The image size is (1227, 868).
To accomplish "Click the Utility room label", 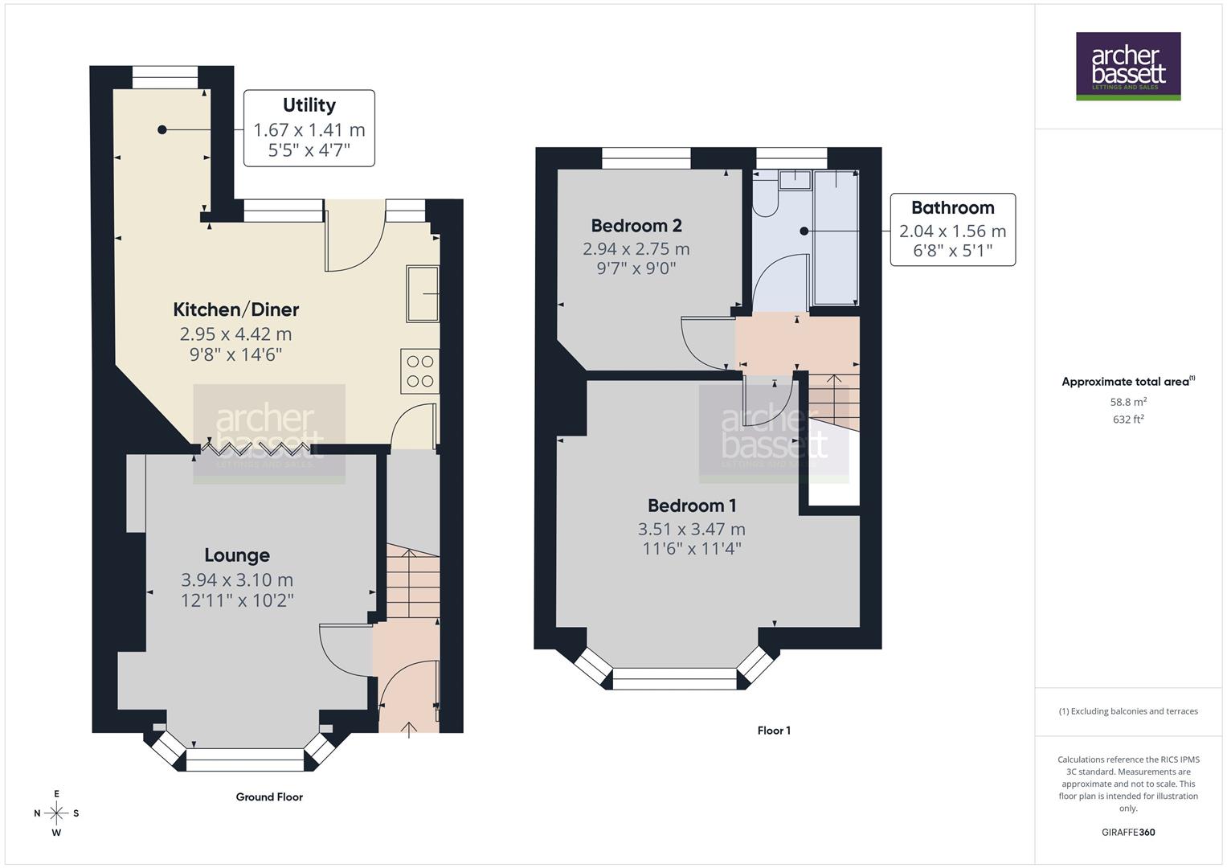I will [x=309, y=105].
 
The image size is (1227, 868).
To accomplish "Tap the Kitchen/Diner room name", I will [x=236, y=309].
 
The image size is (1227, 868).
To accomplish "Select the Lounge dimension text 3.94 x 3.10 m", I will [x=237, y=579].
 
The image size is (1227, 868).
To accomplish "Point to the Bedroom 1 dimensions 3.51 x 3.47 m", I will [x=691, y=529].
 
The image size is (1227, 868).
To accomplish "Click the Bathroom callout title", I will [x=952, y=207].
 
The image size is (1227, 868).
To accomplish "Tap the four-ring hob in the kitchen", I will [x=419, y=371].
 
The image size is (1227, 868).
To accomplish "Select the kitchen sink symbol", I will [x=423, y=293].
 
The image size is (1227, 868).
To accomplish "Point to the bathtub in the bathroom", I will [x=836, y=237].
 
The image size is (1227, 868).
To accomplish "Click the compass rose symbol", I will [x=56, y=813].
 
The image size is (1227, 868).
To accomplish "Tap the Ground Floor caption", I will [x=269, y=796].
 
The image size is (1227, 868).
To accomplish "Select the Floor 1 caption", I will [x=774, y=730].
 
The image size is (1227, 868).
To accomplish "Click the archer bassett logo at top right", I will [x=1127, y=67].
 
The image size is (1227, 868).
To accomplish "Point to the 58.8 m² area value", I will [x=1127, y=401].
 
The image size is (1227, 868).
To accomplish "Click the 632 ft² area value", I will [x=1127, y=419].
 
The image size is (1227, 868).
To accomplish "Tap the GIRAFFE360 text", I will [x=1127, y=832].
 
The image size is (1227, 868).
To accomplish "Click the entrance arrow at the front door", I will [x=409, y=729].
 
